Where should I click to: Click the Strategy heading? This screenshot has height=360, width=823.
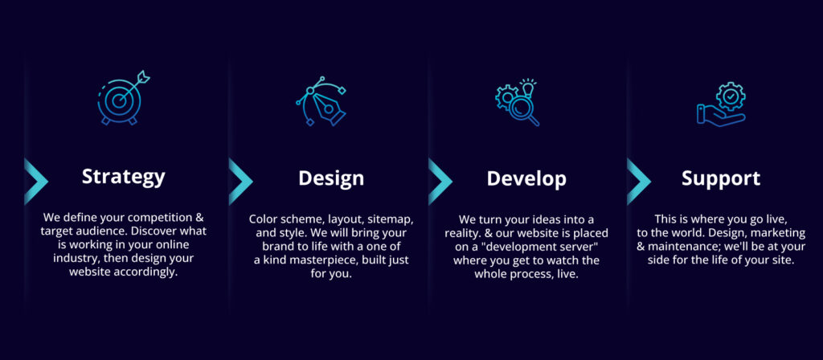pyautogui.click(x=123, y=177)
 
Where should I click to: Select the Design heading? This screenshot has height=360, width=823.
pyautogui.click(x=331, y=178)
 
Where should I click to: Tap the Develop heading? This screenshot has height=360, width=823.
pyautogui.click(x=526, y=178)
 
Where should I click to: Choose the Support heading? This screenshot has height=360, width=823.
pyautogui.click(x=721, y=178)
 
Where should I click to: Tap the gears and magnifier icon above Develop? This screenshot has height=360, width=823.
pyautogui.click(x=517, y=102)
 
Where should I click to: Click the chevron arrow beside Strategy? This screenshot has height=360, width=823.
pyautogui.click(x=35, y=181)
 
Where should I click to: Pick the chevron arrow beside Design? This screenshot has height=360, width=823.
pyautogui.click(x=240, y=181)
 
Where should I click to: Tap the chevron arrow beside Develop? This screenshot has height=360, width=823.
pyautogui.click(x=440, y=181)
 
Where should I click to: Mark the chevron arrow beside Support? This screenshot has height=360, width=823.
pyautogui.click(x=638, y=181)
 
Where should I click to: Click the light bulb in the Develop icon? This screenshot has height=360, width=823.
pyautogui.click(x=527, y=87)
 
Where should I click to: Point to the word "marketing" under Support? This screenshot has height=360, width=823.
pyautogui.click(x=780, y=232)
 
